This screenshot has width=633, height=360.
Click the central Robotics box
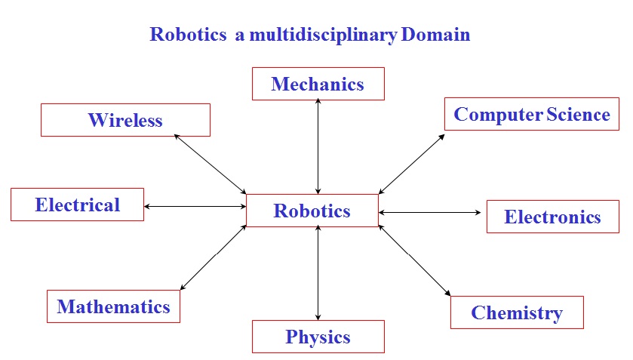tap(312, 211)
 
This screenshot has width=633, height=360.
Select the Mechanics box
tap(318, 84)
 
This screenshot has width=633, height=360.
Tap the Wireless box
tap(125, 120)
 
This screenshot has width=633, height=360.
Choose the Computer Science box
tap(531, 114)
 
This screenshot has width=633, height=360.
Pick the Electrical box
tap(77, 205)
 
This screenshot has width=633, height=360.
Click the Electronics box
tap(552, 217)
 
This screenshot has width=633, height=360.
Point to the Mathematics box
tap(113, 306)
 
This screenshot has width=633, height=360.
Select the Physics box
tap(318, 337)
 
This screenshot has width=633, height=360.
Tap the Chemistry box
tap(517, 312)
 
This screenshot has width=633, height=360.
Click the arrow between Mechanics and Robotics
tap(318, 146)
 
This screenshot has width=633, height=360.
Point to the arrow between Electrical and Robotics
tap(195, 206)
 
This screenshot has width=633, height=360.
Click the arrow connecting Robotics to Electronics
tap(430, 213)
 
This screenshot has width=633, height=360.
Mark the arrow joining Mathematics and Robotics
tap(214, 257)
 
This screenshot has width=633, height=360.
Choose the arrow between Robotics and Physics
tap(318, 272)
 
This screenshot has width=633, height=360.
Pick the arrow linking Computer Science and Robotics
tap(411, 164)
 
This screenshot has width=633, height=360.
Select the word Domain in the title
tap(435, 35)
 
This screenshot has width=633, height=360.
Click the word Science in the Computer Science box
tap(578, 114)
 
